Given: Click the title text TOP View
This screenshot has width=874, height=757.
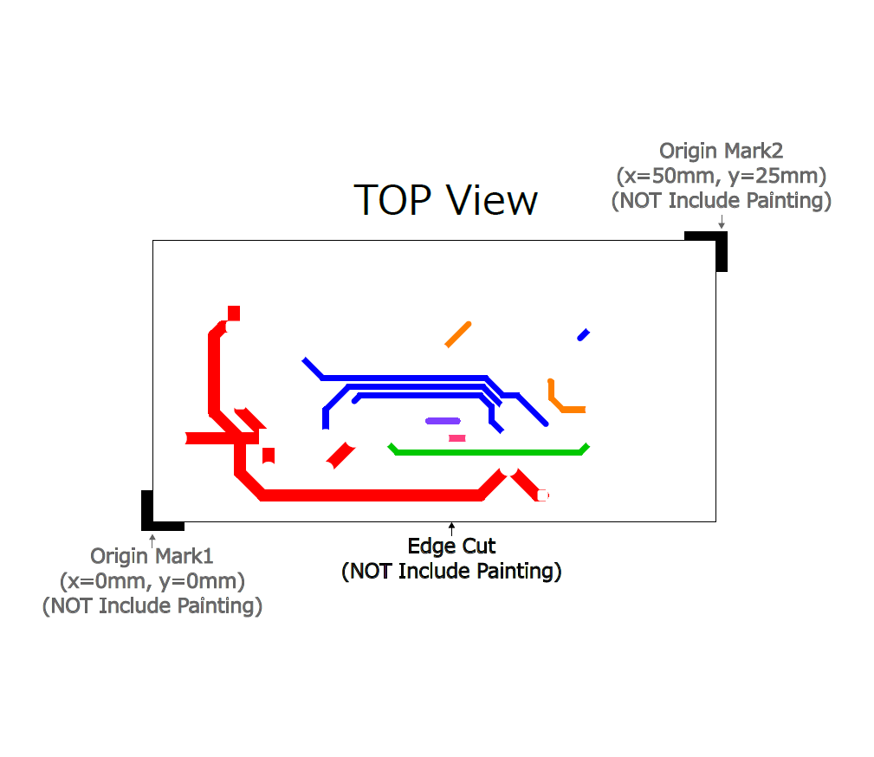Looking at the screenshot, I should tap(446, 200).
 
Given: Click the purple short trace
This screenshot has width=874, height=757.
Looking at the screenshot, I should tap(443, 421).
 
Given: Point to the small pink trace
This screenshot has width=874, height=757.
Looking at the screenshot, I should tap(456, 438).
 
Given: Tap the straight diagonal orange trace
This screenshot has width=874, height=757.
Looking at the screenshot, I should tap(458, 334).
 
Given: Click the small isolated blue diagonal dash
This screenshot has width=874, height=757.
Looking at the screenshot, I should tap(584, 334).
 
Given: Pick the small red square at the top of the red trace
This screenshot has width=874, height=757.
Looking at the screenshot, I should tap(233, 313).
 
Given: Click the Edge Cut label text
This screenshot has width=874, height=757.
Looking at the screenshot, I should tap(451, 547).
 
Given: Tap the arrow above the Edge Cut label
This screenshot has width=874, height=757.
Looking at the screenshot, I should tap(451, 528).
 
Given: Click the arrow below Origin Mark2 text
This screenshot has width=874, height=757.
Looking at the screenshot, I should tap(722, 223).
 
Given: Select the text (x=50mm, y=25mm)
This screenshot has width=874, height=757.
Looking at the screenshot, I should tap(721, 176).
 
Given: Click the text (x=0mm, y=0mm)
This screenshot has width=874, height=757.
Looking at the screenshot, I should tap(152, 579).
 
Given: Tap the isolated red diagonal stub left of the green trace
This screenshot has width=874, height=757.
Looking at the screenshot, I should tap(340, 455).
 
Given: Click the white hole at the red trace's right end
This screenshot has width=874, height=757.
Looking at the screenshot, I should tap(542, 495).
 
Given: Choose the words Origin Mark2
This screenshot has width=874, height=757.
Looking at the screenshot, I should tap(721, 152).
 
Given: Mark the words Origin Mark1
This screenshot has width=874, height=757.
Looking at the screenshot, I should tap(152, 555).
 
